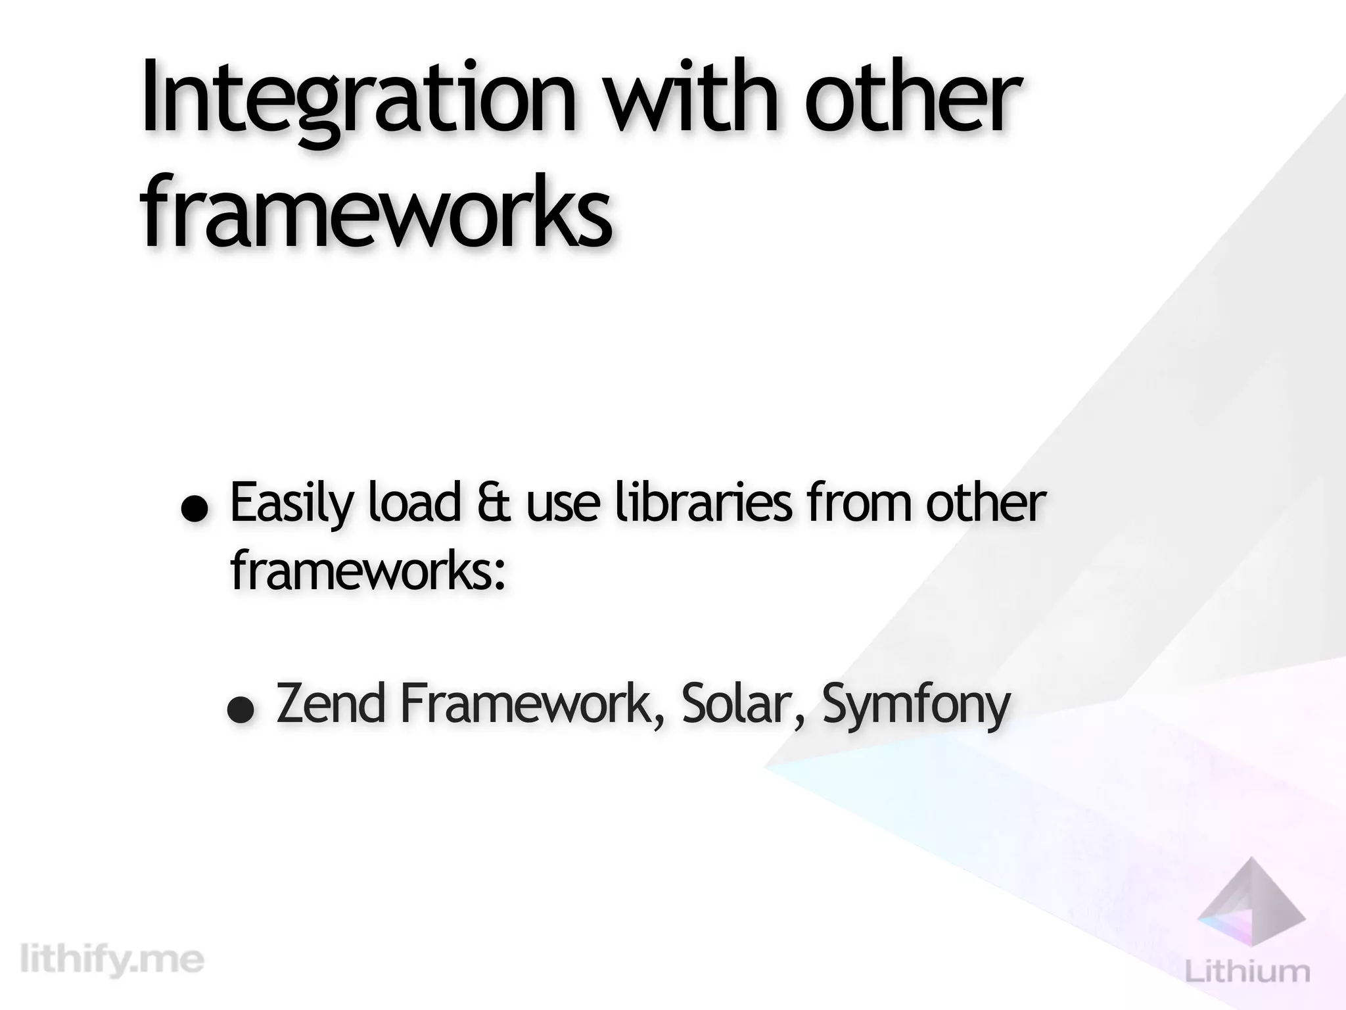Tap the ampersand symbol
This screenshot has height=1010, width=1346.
(x=493, y=504)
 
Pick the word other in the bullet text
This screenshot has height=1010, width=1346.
(x=986, y=503)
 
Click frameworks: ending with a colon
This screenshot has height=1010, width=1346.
(x=368, y=571)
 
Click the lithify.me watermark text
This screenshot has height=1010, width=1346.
(x=112, y=960)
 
